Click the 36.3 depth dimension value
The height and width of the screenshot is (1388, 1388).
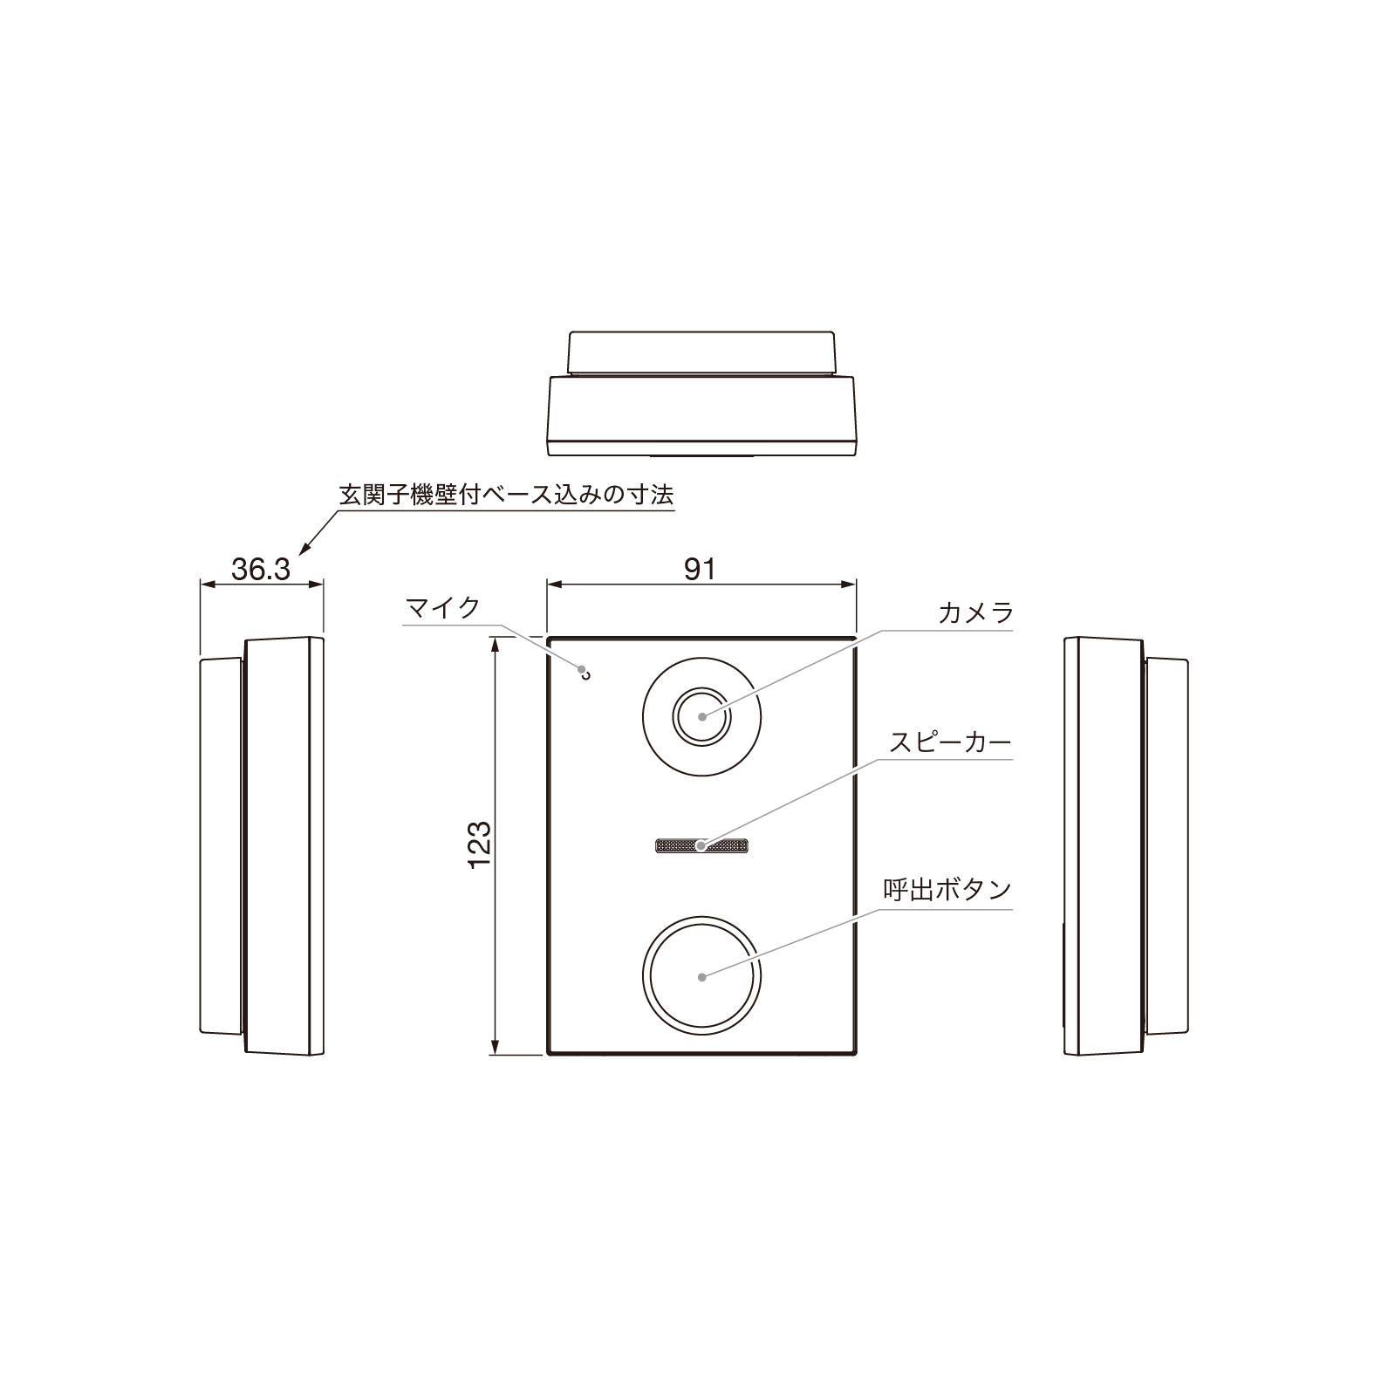(x=260, y=570)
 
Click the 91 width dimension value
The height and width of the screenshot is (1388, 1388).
(x=700, y=569)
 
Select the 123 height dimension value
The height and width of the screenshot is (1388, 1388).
(x=480, y=844)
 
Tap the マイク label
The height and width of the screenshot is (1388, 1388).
(x=443, y=607)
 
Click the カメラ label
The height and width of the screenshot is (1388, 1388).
(x=975, y=612)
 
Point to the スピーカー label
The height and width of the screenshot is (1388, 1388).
(x=949, y=742)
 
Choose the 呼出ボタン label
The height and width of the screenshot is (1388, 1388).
(x=947, y=890)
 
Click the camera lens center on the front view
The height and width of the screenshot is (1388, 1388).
(x=702, y=715)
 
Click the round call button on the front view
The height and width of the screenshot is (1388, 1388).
(x=701, y=975)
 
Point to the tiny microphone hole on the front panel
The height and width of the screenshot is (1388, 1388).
(x=585, y=672)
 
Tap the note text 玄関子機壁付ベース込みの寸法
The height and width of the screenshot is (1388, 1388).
(x=506, y=495)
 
